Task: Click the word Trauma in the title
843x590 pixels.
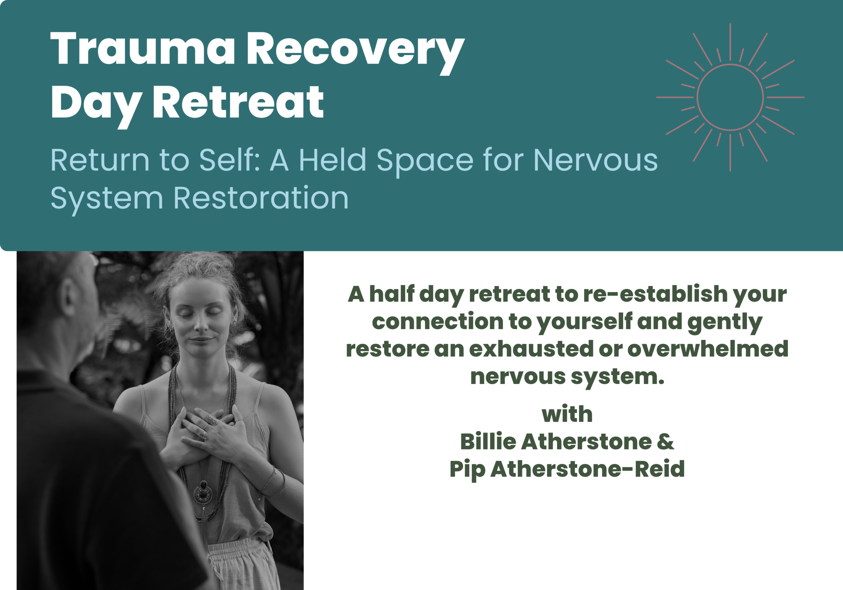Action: tap(143, 49)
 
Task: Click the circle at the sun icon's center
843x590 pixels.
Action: tap(730, 65)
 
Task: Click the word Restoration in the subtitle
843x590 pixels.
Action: tap(261, 198)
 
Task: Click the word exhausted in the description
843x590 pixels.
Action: tap(531, 348)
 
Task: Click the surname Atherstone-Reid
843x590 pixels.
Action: tap(587, 469)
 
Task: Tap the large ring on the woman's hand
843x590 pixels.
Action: tap(212, 420)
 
